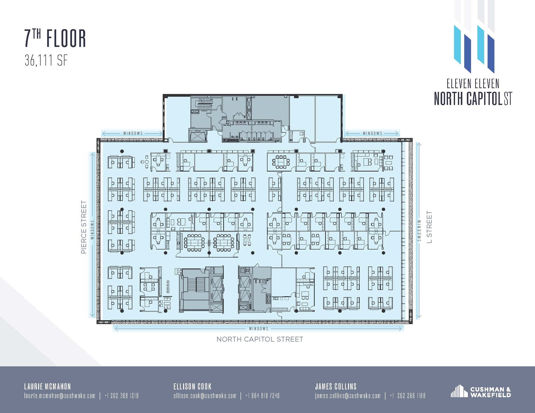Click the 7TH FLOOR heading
tap(55, 39)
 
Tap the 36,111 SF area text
tap(46, 61)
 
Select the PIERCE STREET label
tap(84, 227)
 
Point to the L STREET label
tap(429, 227)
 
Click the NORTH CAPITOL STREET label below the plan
tap(260, 339)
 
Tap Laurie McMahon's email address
tap(60, 396)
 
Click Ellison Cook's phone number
tap(262, 396)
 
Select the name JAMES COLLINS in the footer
tap(336, 386)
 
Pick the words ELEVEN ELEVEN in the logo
tap(473, 84)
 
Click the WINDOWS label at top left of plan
tap(133, 133)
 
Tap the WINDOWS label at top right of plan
tap(372, 133)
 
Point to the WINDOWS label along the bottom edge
tap(259, 328)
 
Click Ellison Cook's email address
tap(205, 396)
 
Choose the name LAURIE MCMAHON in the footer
tap(47, 386)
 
